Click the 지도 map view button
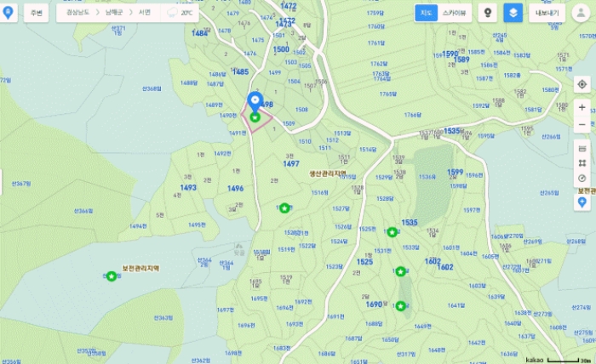[x=427, y=13]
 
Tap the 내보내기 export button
[x=546, y=13]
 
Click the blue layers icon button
[x=513, y=13]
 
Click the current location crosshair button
[x=582, y=84]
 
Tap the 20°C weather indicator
[x=181, y=14]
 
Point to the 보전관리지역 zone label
[x=140, y=268]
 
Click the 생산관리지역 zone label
[x=327, y=172]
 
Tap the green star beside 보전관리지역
[x=112, y=276]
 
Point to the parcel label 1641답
[x=456, y=305]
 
